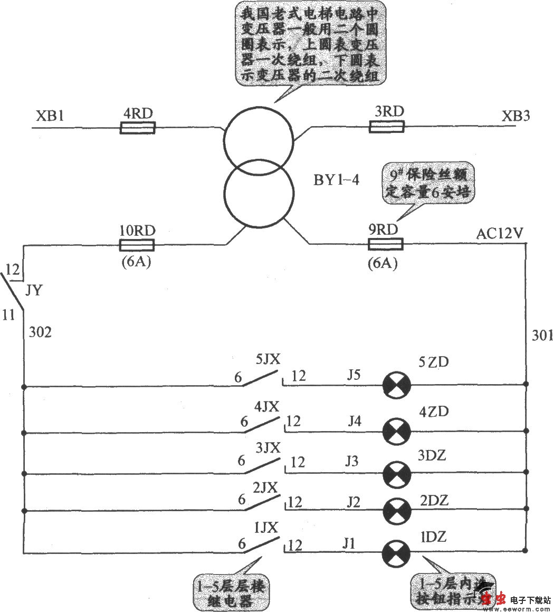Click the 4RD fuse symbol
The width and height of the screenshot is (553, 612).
(x=137, y=128)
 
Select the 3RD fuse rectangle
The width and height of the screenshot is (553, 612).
(x=386, y=127)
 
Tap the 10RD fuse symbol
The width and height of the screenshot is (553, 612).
(x=137, y=245)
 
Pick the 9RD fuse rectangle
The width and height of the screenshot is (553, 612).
(x=385, y=244)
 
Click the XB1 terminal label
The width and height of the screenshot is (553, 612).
(x=50, y=116)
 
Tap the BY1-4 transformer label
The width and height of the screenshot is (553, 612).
(x=336, y=180)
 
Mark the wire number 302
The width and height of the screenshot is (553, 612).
(x=40, y=332)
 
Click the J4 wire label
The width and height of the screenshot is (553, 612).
(x=355, y=422)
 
